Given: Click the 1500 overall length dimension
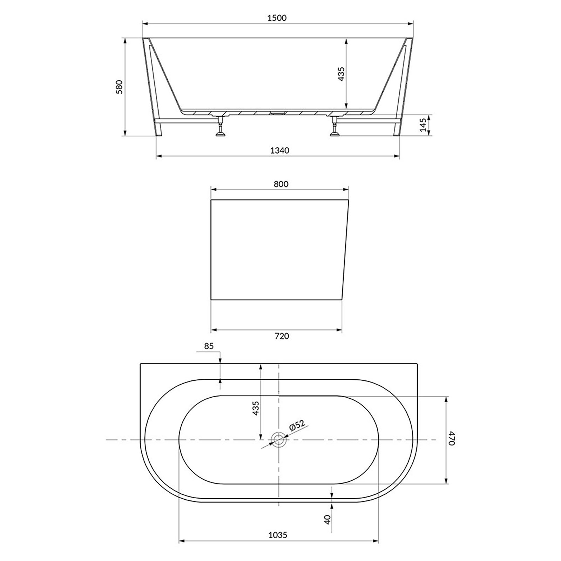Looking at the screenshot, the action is [277, 18].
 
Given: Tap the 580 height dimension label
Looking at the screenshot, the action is [120, 87].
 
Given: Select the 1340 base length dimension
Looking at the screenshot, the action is [279, 150].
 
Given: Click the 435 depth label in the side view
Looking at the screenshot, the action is [341, 74].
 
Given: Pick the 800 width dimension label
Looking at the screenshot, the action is [281, 184].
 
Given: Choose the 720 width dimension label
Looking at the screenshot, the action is [282, 336].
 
